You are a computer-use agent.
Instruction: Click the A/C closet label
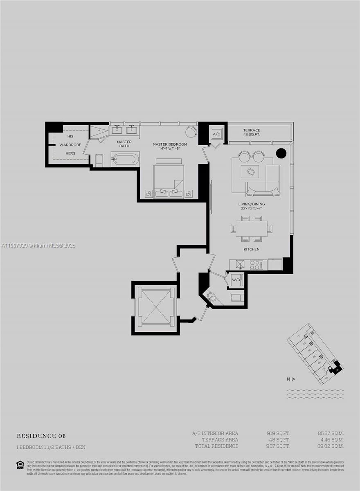216,134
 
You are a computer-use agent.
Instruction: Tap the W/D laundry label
236,280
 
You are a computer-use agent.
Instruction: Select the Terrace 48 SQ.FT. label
252,132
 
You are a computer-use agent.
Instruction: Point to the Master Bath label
124,144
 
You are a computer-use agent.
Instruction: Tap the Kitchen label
251,249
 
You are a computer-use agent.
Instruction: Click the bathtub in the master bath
126,159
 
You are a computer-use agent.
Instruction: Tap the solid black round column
281,153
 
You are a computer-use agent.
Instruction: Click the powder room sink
211,297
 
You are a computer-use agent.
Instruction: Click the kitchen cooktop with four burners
256,265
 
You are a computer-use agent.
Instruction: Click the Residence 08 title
41,436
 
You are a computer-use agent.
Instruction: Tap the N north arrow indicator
291,379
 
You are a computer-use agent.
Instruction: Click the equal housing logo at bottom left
20,464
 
